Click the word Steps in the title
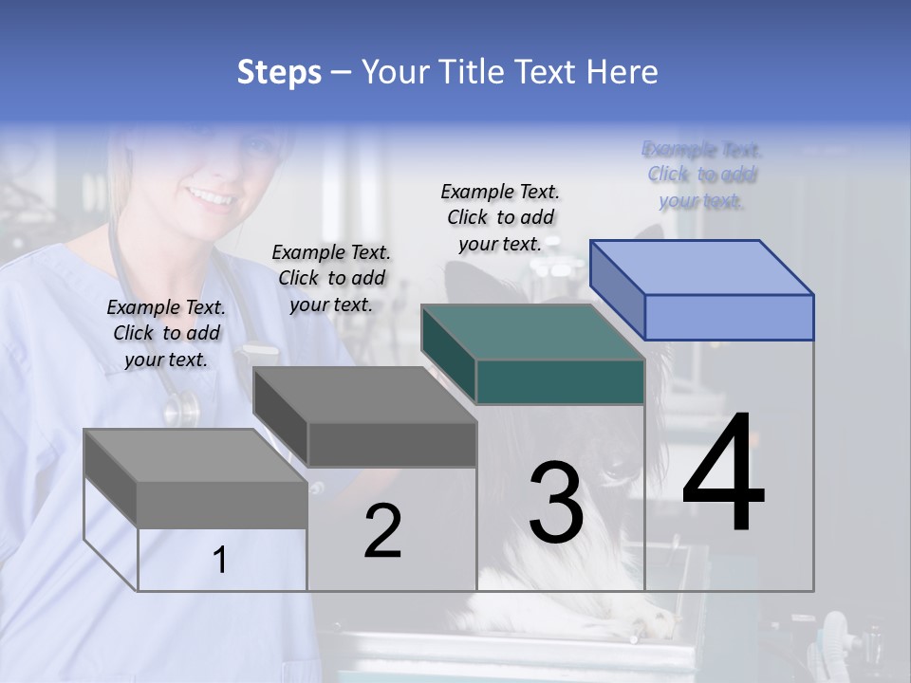[x=279, y=72]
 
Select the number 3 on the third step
[x=556, y=502]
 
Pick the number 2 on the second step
[x=383, y=531]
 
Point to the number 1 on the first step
[x=220, y=561]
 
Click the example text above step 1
[x=166, y=333]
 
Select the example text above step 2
[x=331, y=278]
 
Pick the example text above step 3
[x=500, y=217]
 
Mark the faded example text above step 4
[x=702, y=175]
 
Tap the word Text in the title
[x=550, y=72]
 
